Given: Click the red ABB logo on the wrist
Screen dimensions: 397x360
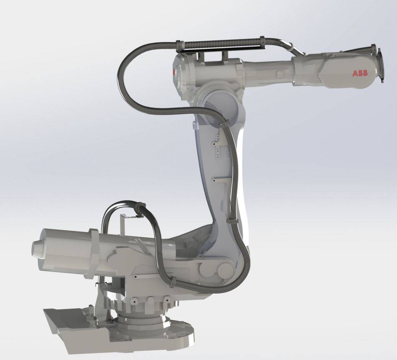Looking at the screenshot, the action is [x=360, y=73].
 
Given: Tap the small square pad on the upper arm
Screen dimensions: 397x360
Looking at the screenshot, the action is [x=280, y=74].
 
